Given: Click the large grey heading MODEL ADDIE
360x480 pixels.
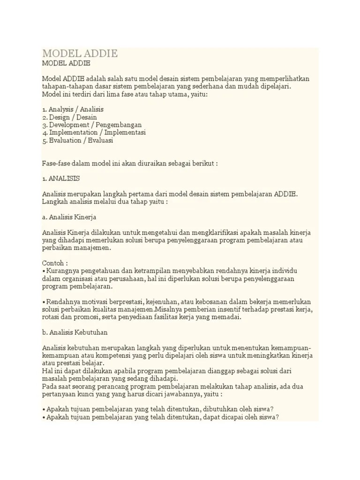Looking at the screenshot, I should [x=80, y=53].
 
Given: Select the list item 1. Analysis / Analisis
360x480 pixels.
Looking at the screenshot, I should [x=73, y=109].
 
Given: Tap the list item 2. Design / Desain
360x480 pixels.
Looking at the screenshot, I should [x=69, y=117].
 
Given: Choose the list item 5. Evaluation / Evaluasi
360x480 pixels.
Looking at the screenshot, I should [x=77, y=140].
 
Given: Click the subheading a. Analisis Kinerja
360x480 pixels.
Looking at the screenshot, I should [x=69, y=217].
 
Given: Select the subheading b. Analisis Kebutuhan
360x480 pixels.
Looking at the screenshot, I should [x=75, y=332].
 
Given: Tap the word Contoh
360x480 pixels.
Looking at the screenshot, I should [x=52, y=263].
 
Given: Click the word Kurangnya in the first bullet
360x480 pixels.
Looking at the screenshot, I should [x=60, y=271].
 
